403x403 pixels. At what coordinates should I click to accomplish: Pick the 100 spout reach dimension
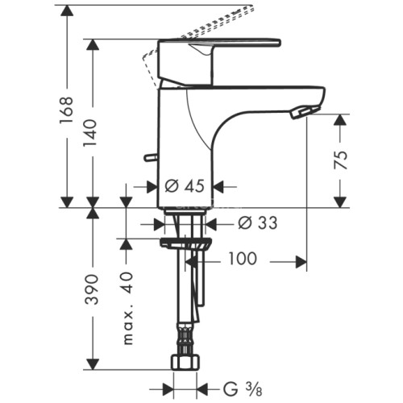(242, 260)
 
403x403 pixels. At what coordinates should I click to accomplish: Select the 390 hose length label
(94, 289)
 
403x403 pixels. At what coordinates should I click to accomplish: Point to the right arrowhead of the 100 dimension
(302, 261)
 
